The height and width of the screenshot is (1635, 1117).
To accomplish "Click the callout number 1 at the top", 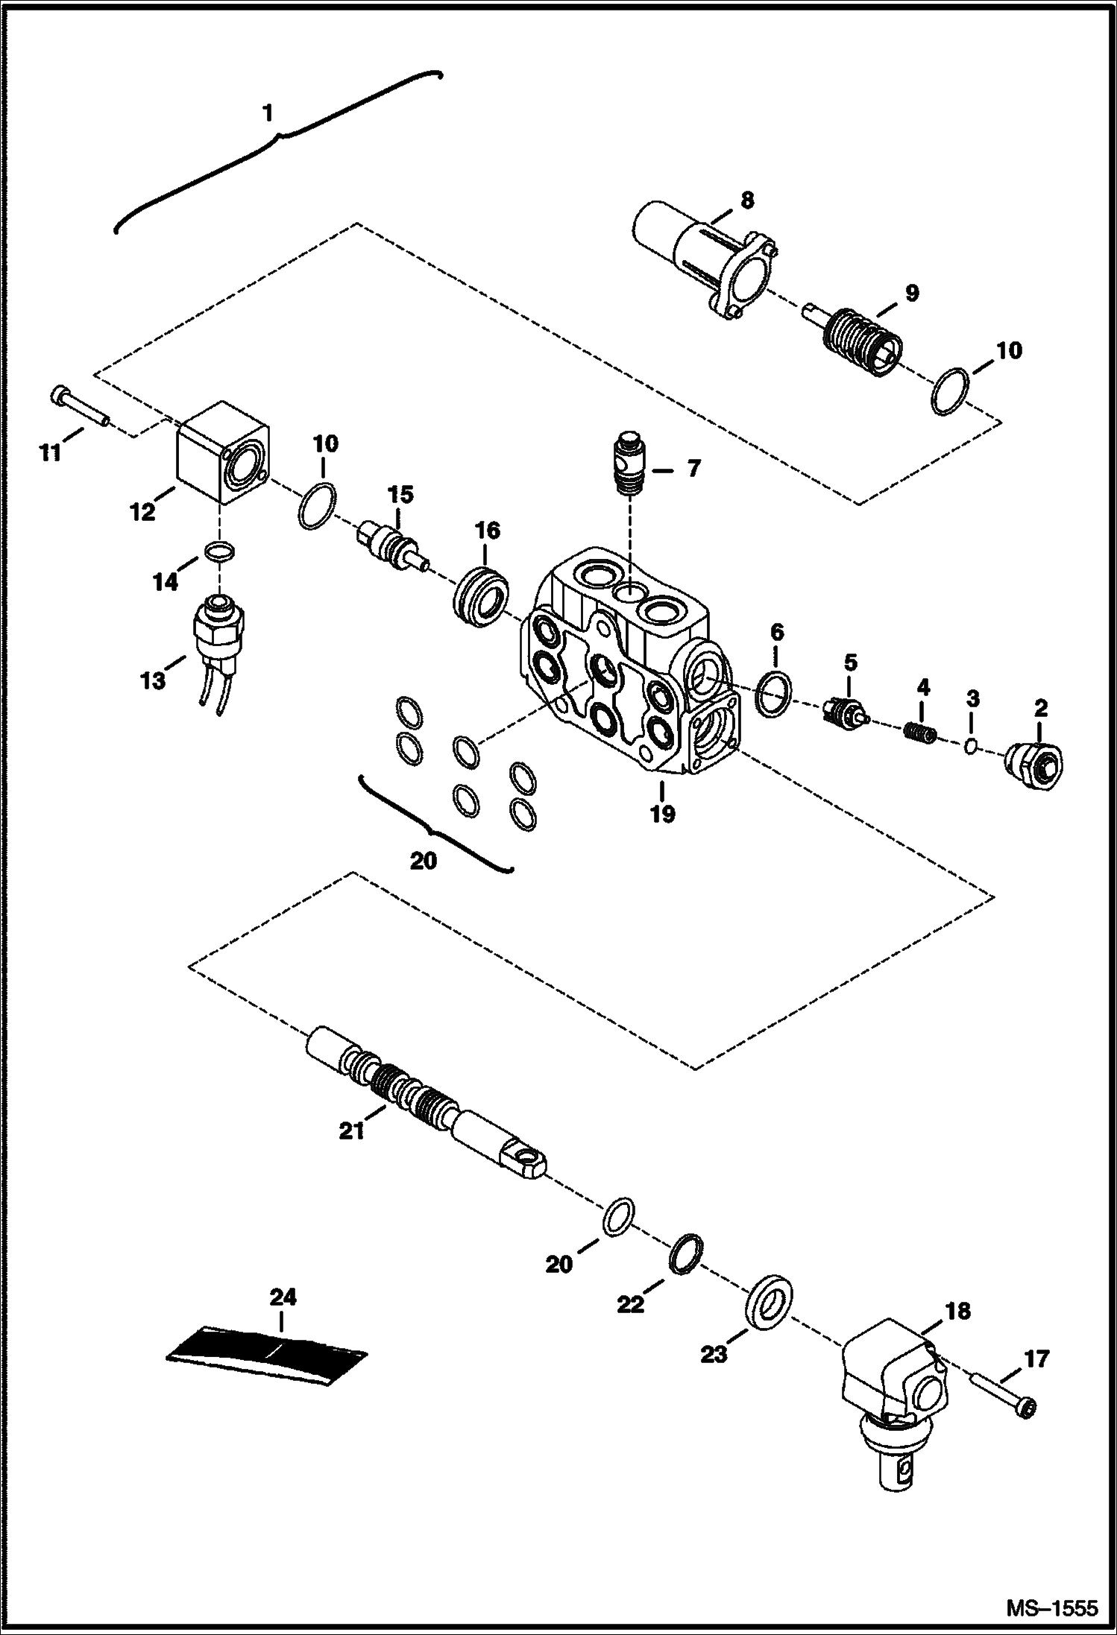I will [267, 113].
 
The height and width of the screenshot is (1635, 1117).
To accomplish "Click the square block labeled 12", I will [222, 452].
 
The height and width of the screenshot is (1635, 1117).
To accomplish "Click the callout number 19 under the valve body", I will [661, 813].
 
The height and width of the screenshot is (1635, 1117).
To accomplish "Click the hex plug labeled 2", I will [1035, 764].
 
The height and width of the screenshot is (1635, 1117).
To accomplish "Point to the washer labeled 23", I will [768, 1302].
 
